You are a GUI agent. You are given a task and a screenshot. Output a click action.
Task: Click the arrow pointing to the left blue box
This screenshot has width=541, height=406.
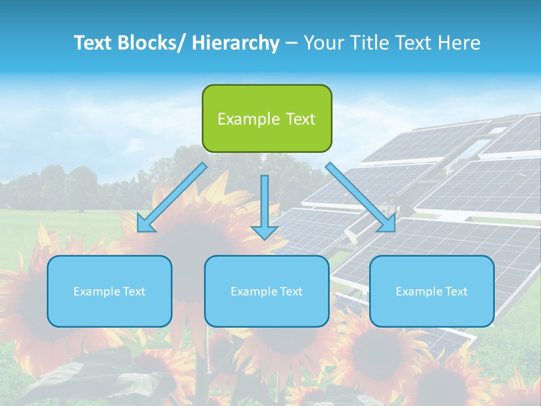click(x=172, y=197)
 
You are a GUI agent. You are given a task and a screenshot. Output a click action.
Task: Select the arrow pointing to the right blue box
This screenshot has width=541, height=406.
click(x=361, y=197)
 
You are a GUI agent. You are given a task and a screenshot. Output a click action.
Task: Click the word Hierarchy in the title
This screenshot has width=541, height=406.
click(x=236, y=43)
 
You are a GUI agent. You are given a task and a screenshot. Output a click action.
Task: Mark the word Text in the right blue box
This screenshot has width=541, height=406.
click(x=456, y=292)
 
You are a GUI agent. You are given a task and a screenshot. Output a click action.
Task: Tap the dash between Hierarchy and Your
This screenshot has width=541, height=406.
click(x=291, y=43)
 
